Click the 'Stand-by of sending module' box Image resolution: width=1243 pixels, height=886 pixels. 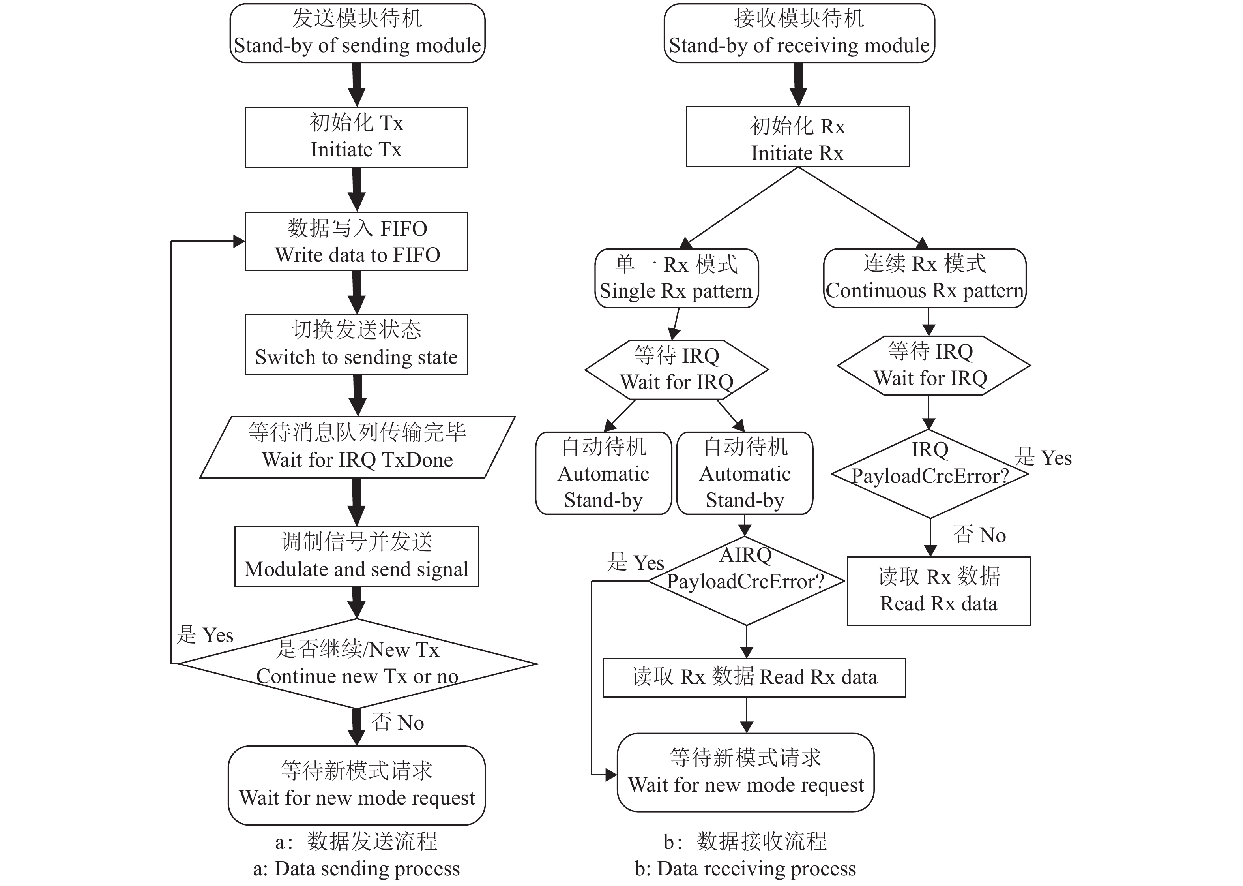(x=357, y=33)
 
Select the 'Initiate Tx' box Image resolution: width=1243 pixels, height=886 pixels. (x=356, y=137)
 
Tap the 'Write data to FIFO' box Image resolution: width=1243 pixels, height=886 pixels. (x=356, y=241)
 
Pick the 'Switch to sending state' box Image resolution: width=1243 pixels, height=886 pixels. (x=356, y=344)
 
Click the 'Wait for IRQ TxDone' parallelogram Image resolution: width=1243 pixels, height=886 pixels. (x=357, y=447)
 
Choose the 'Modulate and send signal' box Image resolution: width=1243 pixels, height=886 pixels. (x=357, y=556)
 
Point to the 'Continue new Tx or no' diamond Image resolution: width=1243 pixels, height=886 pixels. (x=357, y=663)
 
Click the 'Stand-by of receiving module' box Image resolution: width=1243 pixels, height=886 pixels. (x=799, y=33)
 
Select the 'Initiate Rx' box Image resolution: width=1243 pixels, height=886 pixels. (x=797, y=137)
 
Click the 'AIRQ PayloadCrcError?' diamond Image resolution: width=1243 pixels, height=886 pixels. (x=746, y=580)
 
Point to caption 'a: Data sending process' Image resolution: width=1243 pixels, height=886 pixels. (x=356, y=869)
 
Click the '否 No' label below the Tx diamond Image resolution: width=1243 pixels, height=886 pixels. (x=398, y=722)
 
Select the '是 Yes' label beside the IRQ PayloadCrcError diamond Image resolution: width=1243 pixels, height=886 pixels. (x=1043, y=458)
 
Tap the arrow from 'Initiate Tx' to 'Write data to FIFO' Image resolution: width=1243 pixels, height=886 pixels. (x=357, y=189)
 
